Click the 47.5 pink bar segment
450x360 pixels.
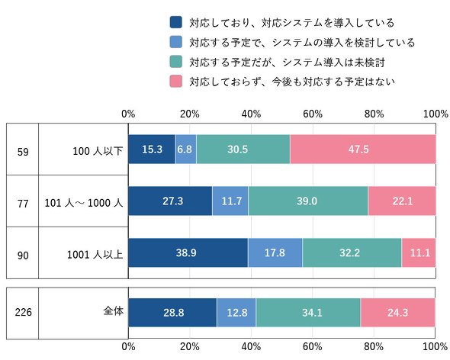[363, 149]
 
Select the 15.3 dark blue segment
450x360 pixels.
[152, 149]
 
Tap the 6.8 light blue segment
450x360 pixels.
[185, 149]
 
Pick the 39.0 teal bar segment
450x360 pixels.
[308, 201]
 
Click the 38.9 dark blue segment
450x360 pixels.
[188, 252]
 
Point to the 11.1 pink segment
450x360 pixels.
[419, 252]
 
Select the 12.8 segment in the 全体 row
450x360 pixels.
[236, 313]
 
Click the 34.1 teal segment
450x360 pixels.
[308, 313]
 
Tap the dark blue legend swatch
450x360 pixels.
[175, 22]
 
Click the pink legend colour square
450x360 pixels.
[175, 82]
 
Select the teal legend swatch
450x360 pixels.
[175, 62]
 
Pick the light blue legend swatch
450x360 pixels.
[175, 42]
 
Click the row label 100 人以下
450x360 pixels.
[98, 151]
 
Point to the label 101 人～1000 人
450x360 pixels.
[84, 203]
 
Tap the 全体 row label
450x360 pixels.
[114, 311]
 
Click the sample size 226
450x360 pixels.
[23, 312]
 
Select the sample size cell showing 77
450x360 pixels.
[23, 204]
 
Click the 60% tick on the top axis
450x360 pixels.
[313, 114]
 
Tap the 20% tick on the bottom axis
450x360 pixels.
[190, 346]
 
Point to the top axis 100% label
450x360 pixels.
[436, 114]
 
